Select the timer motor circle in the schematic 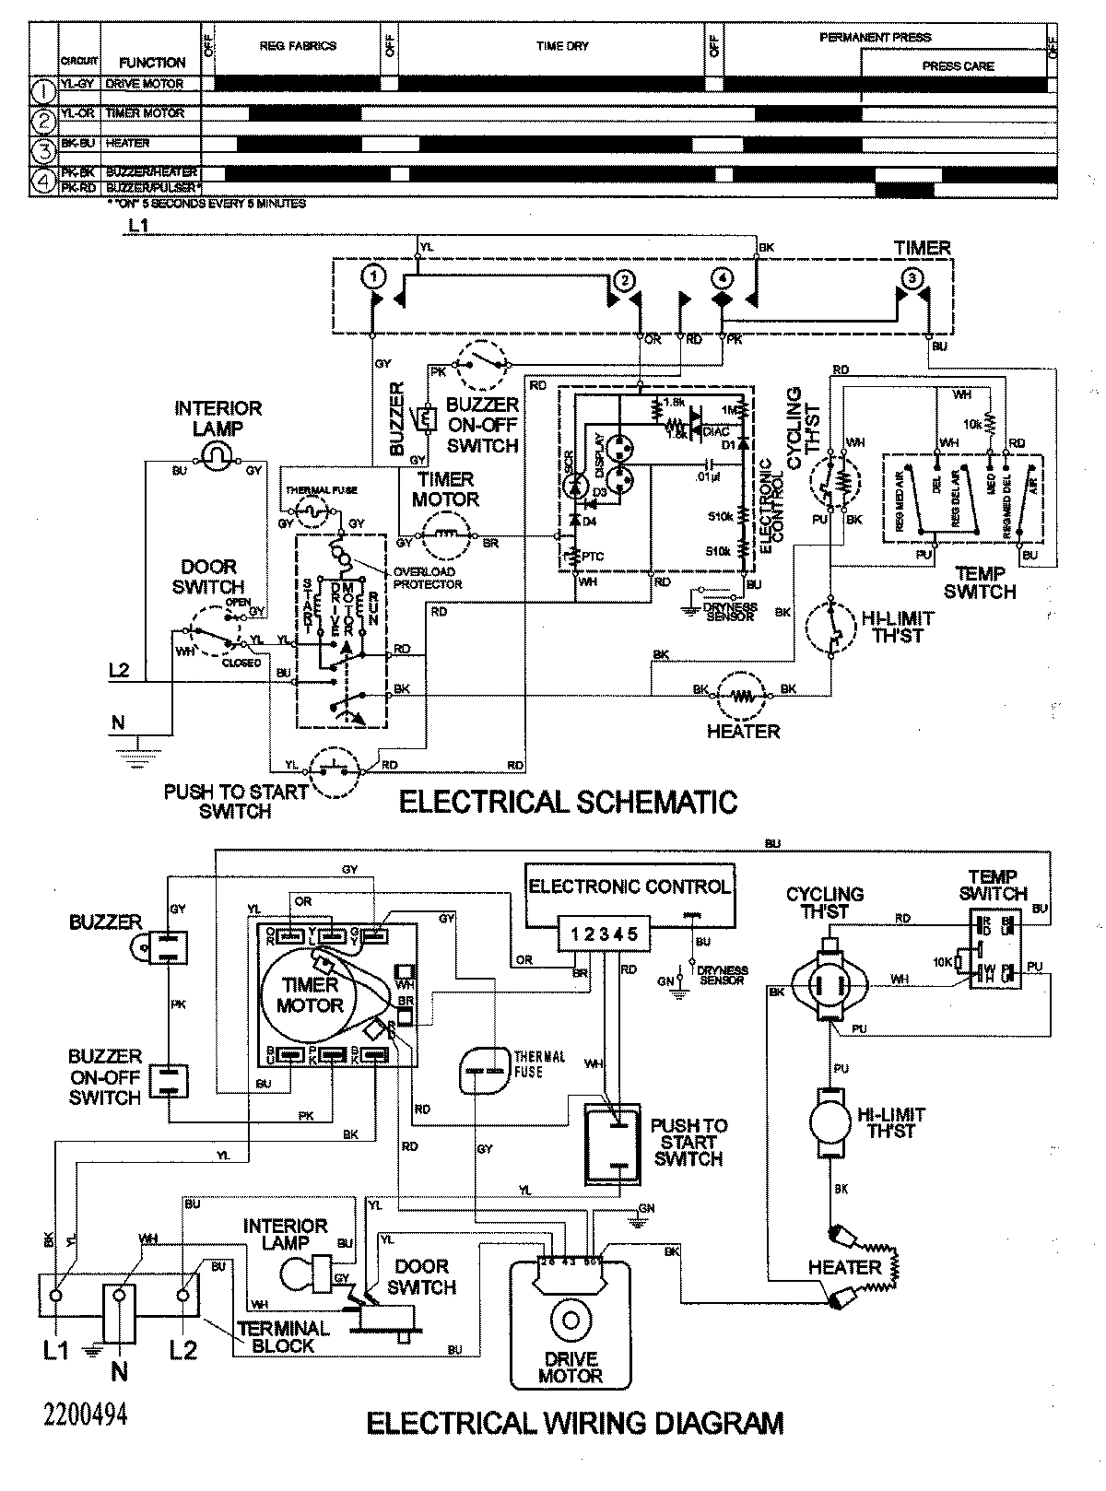click(x=446, y=533)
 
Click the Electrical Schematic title click(x=567, y=801)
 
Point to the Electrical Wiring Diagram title click(x=574, y=1424)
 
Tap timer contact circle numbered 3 click(x=911, y=277)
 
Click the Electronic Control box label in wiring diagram click(x=629, y=886)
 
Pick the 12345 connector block click(x=603, y=933)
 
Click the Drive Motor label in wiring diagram click(x=571, y=1367)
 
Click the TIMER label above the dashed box click(x=922, y=248)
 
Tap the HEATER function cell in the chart click(x=128, y=144)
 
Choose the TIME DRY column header click(x=561, y=46)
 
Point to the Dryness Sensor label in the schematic click(x=728, y=612)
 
